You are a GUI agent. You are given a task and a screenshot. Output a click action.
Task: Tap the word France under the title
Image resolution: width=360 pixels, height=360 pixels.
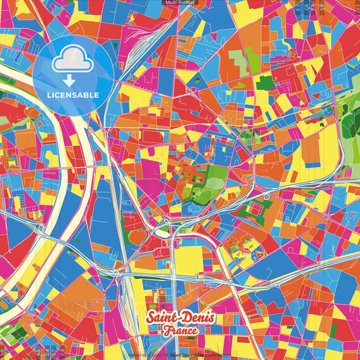click(180, 331)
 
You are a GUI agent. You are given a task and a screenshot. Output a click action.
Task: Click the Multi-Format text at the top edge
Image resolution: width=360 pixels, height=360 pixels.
click(180, 3)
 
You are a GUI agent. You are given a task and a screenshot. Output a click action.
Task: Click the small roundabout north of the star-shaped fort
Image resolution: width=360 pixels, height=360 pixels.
click(267, 196)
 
